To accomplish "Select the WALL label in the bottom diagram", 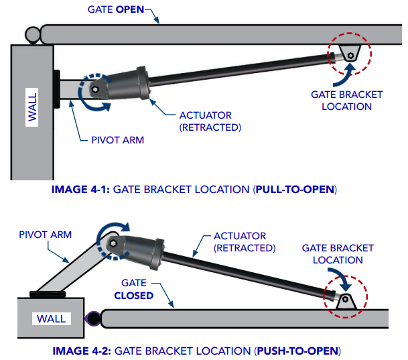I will coord(51,318).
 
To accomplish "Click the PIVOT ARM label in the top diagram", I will coord(117,140).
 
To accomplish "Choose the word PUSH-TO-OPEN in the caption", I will coord(297,351).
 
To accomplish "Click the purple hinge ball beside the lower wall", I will coord(92,318).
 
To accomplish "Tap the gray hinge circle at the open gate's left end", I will coord(31,32).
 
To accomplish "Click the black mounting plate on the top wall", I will coord(56,89).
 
